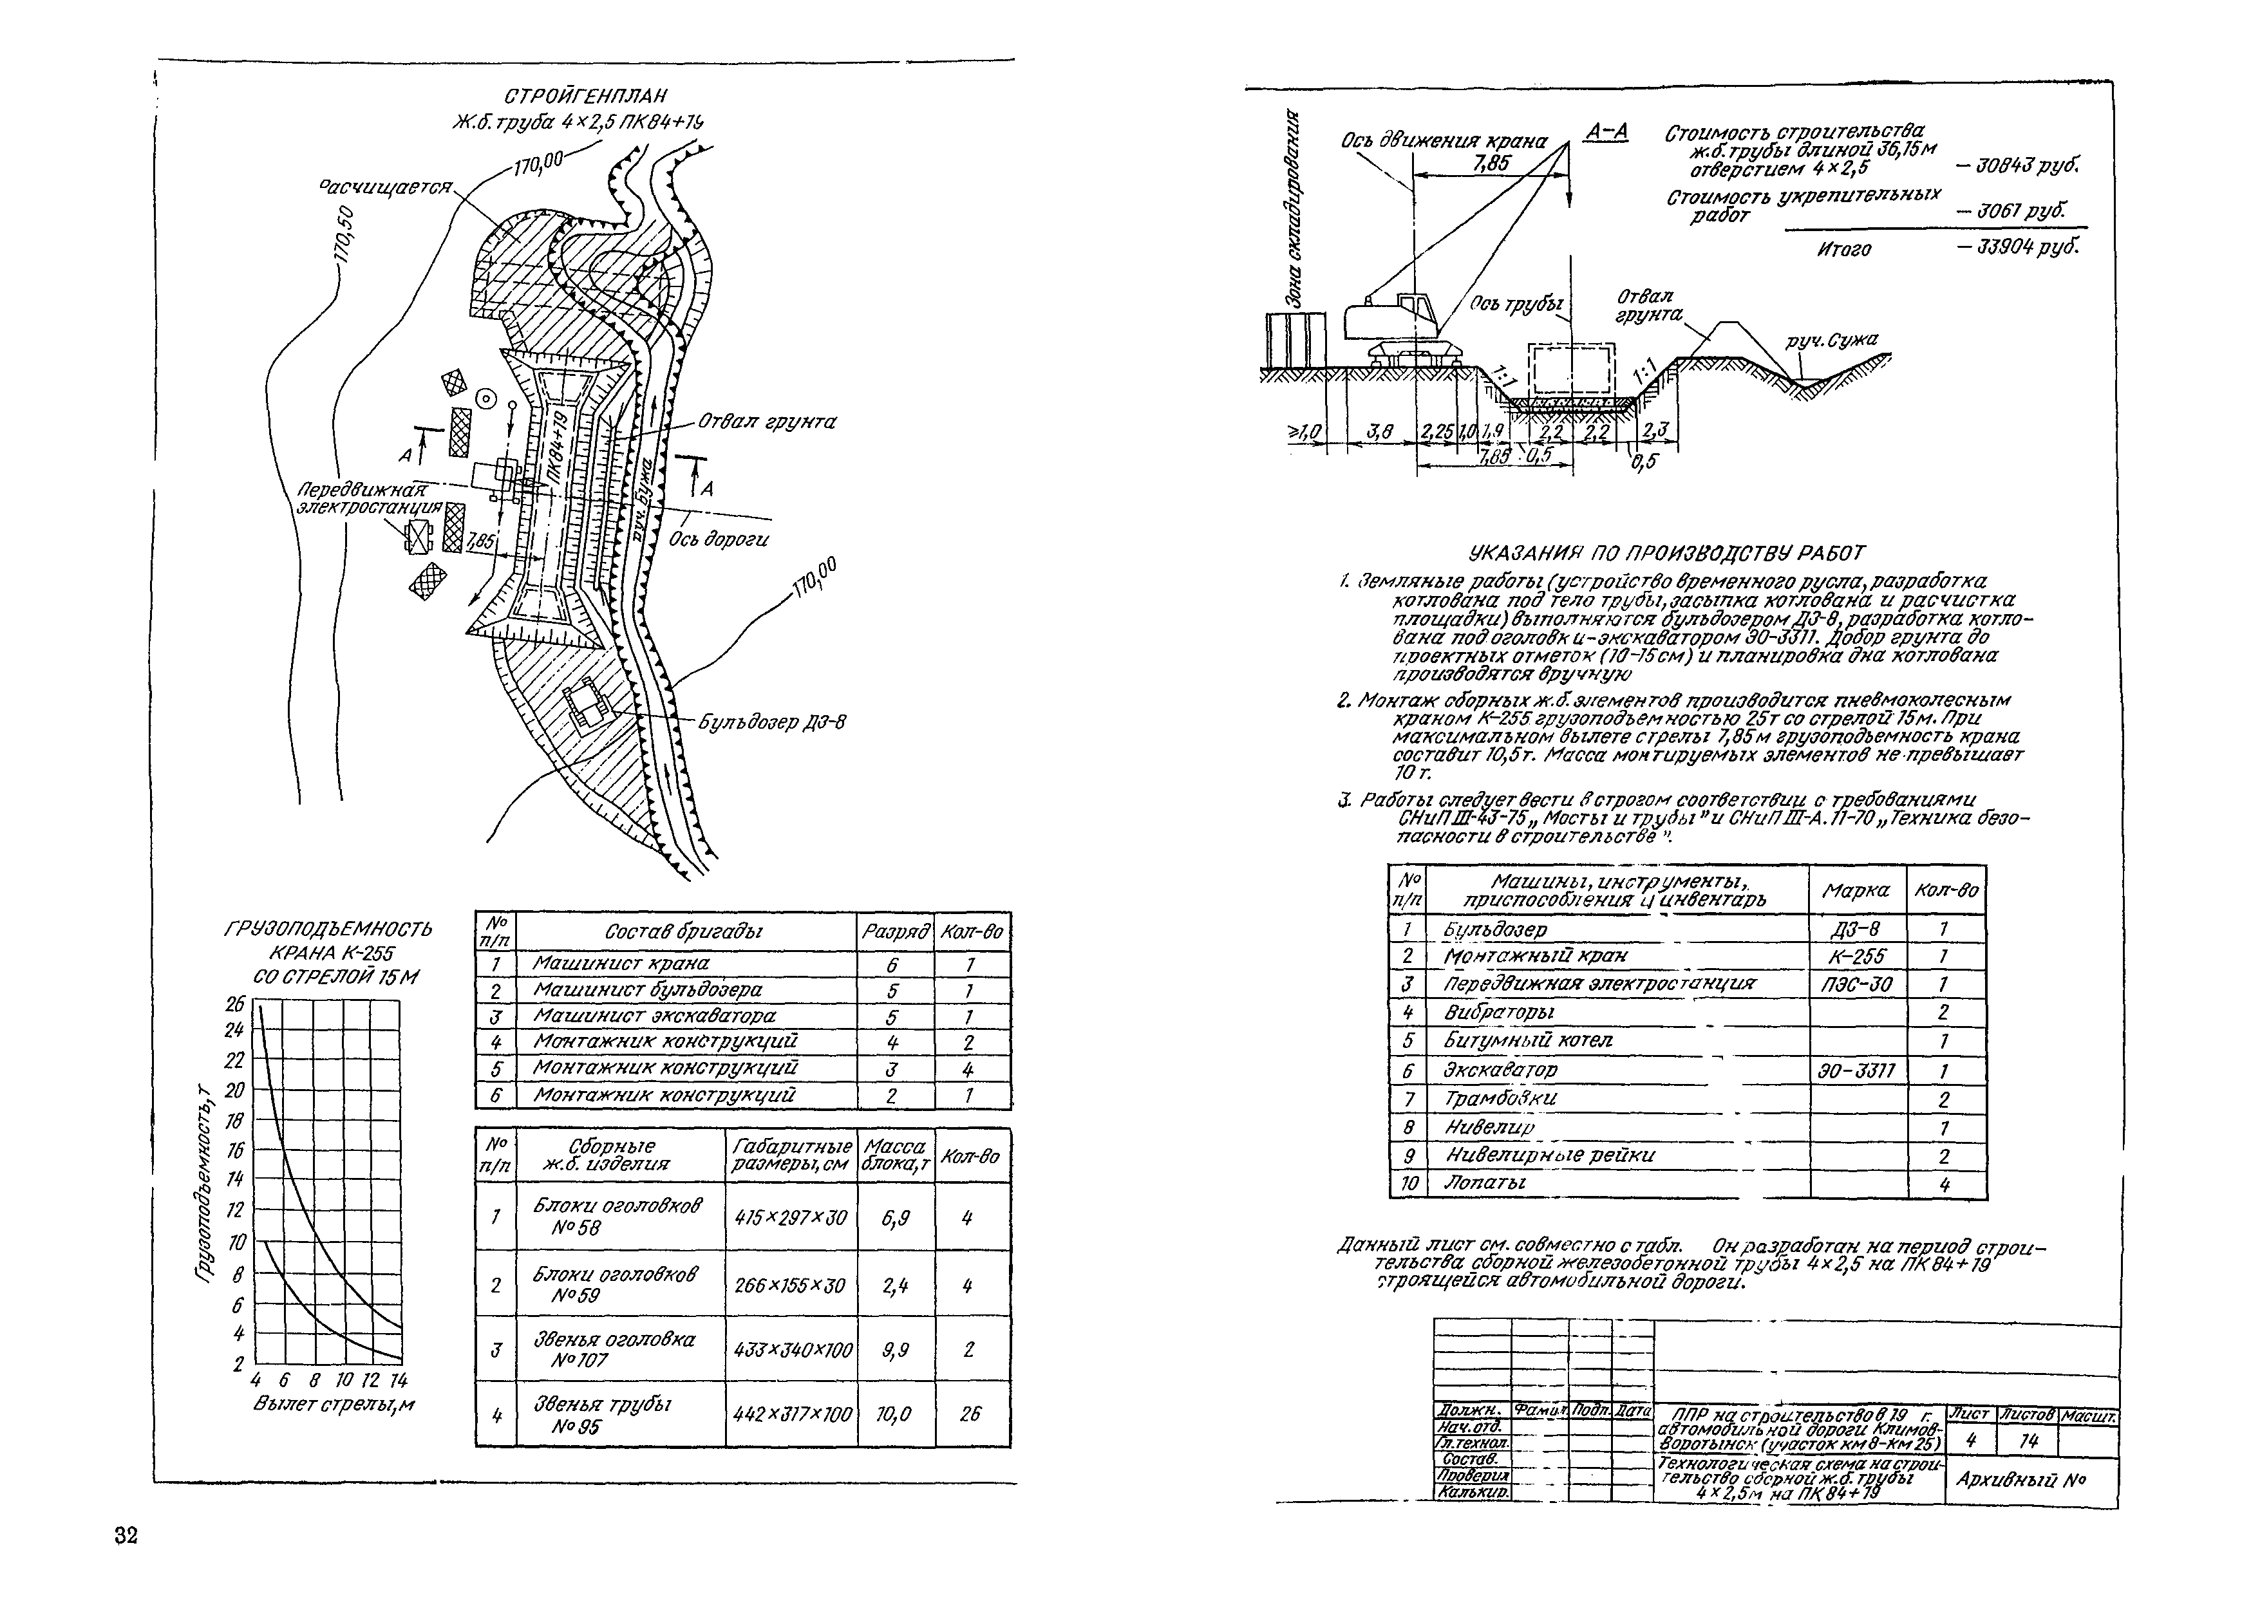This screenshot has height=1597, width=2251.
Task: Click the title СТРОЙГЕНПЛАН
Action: tap(585, 97)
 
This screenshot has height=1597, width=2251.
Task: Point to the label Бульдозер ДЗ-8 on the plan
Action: tap(772, 722)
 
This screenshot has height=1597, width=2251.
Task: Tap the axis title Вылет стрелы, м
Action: tap(334, 1405)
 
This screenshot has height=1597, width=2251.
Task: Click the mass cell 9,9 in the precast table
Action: tap(895, 1350)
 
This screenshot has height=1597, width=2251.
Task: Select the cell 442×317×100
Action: tap(791, 1415)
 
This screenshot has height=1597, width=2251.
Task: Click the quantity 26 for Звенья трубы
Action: tap(970, 1414)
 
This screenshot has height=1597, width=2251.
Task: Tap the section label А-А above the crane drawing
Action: tap(1607, 132)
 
